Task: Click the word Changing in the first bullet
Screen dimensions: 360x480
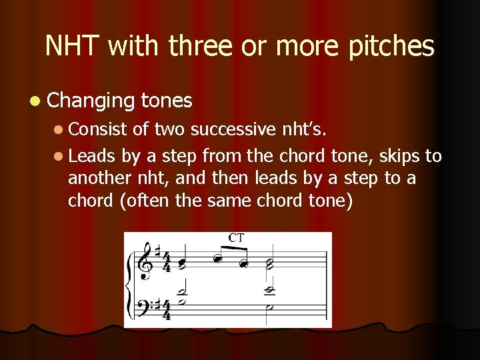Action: (x=92, y=101)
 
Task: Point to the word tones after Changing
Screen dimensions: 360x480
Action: (x=167, y=101)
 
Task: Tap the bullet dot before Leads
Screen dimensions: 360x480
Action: (x=59, y=157)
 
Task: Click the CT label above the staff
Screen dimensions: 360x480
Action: (x=235, y=238)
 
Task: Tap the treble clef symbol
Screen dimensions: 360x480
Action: (x=143, y=262)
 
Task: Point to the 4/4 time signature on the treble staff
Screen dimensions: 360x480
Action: (x=167, y=262)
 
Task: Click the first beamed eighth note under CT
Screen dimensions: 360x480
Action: (x=217, y=259)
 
